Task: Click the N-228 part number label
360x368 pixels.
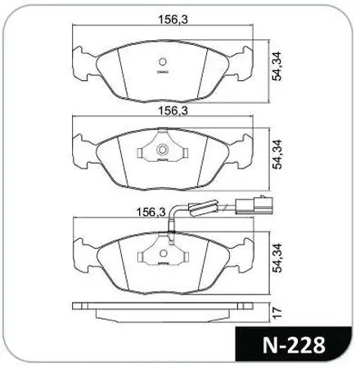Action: (294, 345)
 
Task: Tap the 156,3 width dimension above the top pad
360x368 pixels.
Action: (173, 20)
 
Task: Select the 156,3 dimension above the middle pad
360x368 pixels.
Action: (173, 110)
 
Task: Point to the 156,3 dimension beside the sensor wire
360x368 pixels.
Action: (151, 212)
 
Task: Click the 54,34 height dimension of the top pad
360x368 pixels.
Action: (277, 66)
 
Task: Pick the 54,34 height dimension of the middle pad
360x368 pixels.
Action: (277, 155)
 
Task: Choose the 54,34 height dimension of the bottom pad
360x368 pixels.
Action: (277, 258)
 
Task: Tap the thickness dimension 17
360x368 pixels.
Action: (277, 313)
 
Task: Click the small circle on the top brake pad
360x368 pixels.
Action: (163, 62)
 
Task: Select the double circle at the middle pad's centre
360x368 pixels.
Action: (163, 150)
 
